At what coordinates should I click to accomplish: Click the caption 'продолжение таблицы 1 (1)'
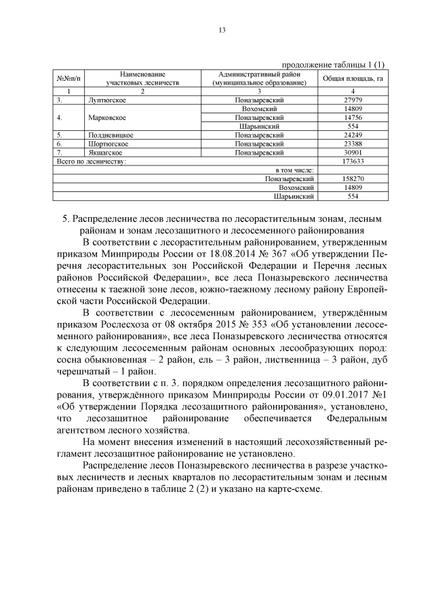(333, 64)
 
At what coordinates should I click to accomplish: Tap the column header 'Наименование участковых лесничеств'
(142, 77)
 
